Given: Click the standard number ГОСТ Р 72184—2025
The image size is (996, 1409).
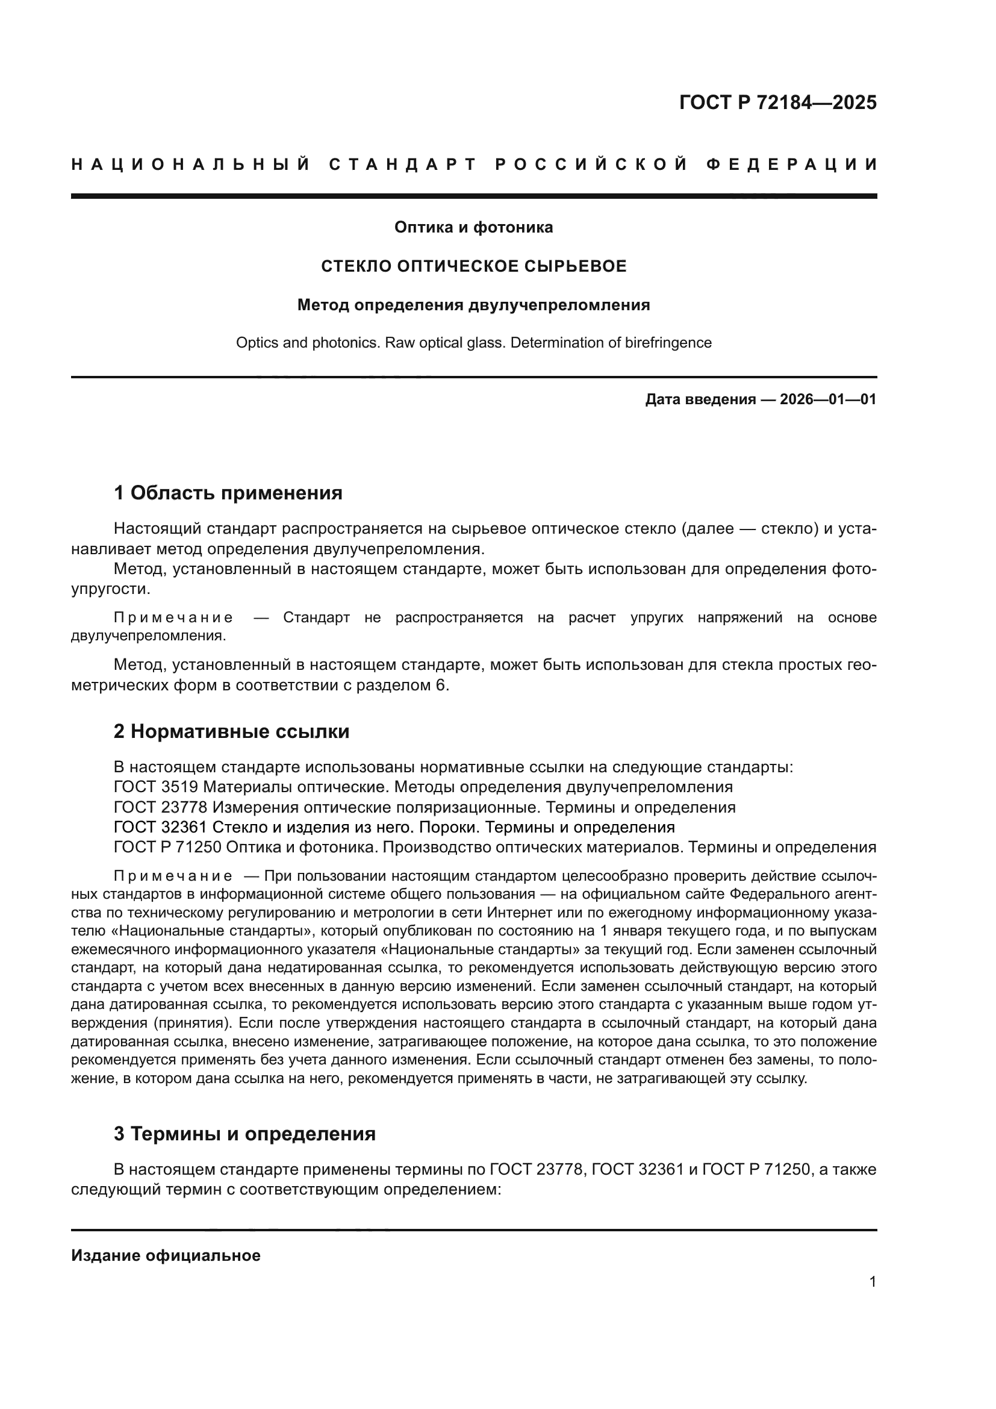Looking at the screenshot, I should (777, 102).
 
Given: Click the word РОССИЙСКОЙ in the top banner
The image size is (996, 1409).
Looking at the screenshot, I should (591, 164).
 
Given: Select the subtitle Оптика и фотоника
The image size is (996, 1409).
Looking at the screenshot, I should (473, 228).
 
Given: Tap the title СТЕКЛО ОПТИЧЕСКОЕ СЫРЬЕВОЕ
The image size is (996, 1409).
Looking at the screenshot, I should (474, 266).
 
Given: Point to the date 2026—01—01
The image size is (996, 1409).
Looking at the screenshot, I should (827, 400).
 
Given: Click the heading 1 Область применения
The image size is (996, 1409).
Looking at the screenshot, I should (228, 493).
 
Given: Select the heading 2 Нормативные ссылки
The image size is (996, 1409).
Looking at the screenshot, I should (232, 731).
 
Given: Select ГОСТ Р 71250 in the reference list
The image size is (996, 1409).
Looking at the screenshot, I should (167, 848).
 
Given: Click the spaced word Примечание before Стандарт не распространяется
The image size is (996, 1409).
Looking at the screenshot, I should (173, 618).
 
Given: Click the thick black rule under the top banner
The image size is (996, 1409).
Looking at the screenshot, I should (473, 196).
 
